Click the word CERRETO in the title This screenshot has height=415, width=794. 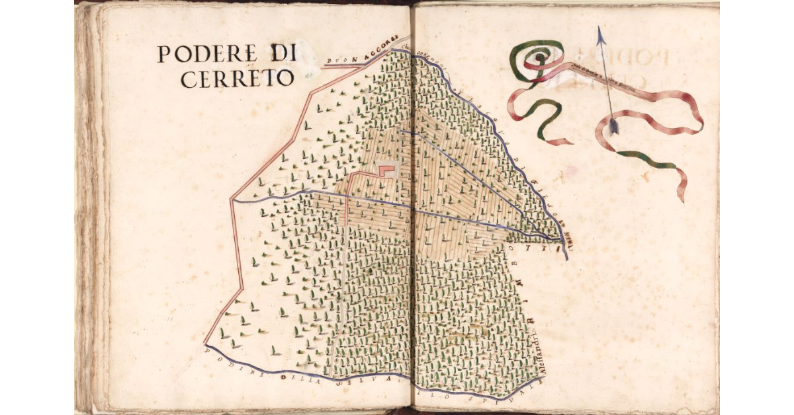coord(237,79)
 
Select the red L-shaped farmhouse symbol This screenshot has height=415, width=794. coord(386,170)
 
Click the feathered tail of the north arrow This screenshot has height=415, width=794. coord(613,126)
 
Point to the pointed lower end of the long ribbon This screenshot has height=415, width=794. coord(682,199)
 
